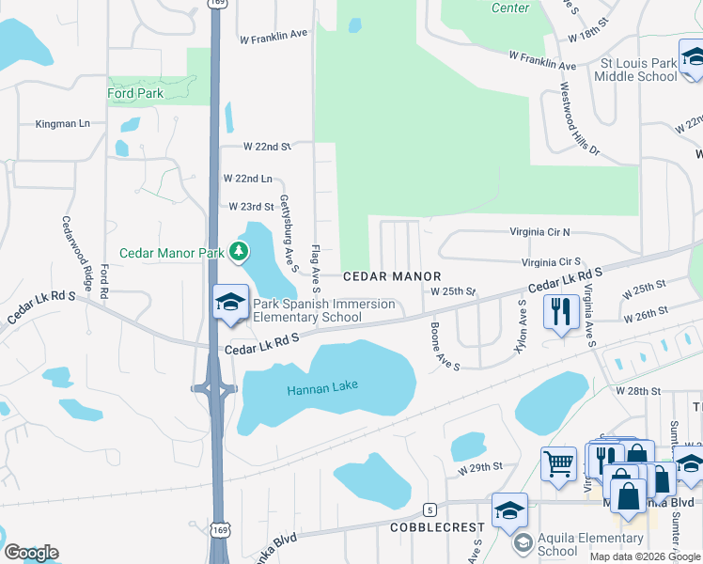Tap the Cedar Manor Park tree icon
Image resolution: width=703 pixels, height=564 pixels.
pyautogui.click(x=241, y=251)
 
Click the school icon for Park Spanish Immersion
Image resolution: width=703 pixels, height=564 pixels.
pyautogui.click(x=228, y=302)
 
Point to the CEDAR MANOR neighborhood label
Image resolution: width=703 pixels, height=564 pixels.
pyautogui.click(x=391, y=276)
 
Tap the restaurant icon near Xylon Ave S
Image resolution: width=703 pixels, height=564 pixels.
pyautogui.click(x=561, y=310)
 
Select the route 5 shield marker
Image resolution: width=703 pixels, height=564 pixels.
pyautogui.click(x=430, y=509)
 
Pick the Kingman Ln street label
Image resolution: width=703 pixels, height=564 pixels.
pyautogui.click(x=62, y=123)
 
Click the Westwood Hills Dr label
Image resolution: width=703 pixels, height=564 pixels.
pyautogui.click(x=579, y=118)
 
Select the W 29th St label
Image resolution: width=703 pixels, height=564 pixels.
pyautogui.click(x=481, y=467)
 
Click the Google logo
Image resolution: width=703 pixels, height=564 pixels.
pyautogui.click(x=31, y=553)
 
